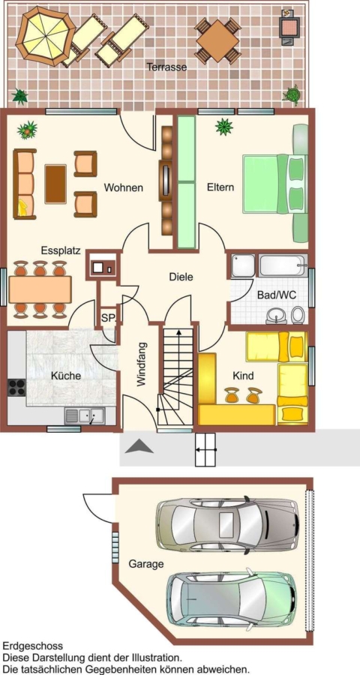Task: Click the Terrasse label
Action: [166, 67]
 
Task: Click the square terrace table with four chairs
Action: [217, 40]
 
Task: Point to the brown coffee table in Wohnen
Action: [55, 184]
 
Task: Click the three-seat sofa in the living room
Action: [25, 184]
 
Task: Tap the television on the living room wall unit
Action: [166, 180]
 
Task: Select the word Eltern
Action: [220, 187]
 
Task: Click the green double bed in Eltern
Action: [275, 184]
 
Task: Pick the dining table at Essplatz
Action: [40, 289]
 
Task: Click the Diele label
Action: [181, 277]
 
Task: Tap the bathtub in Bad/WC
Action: [283, 266]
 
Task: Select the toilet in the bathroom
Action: [297, 315]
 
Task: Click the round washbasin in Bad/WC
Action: [274, 316]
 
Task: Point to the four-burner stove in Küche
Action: [16, 387]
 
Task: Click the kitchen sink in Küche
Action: [85, 415]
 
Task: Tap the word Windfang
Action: [141, 364]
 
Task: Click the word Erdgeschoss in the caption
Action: [33, 646]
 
